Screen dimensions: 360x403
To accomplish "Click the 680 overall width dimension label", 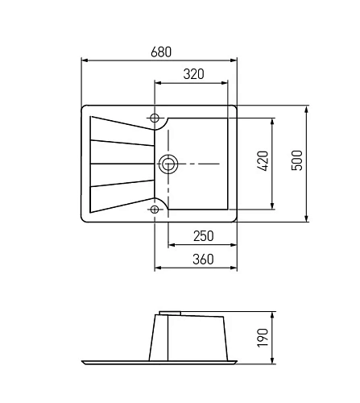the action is pyautogui.click(x=161, y=52).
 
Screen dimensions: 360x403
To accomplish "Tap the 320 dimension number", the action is pyautogui.click(x=193, y=74).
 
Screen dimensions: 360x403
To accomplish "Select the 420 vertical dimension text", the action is pyautogui.click(x=263, y=161).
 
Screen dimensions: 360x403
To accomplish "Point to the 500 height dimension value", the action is pyautogui.click(x=297, y=160).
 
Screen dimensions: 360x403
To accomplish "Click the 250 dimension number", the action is pyautogui.click(x=204, y=236).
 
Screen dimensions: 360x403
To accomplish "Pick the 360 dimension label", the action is pyautogui.click(x=203, y=260).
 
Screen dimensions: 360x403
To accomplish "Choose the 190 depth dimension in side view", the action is pyautogui.click(x=263, y=338).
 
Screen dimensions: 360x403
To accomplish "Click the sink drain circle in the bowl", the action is pyautogui.click(x=168, y=164).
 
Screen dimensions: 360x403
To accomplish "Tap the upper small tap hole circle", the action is pyautogui.click(x=155, y=118).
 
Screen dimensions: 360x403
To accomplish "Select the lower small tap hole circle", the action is pyautogui.click(x=155, y=210).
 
